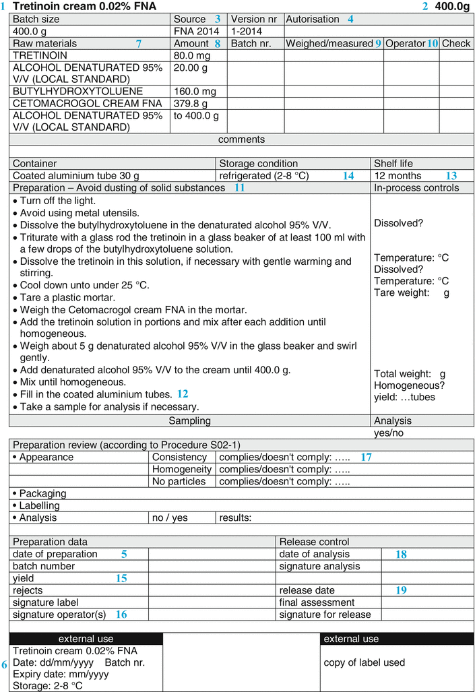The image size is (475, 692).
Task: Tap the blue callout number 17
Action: [366, 457]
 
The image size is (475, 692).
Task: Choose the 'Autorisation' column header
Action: [313, 20]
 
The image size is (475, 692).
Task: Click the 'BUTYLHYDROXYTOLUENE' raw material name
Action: [77, 92]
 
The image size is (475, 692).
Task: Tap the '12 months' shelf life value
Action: [398, 176]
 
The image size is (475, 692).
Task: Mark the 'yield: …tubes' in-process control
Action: [404, 397]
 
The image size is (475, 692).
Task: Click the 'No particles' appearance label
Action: [179, 481]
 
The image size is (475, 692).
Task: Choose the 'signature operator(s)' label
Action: [59, 615]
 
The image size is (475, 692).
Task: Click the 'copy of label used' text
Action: [365, 662]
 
